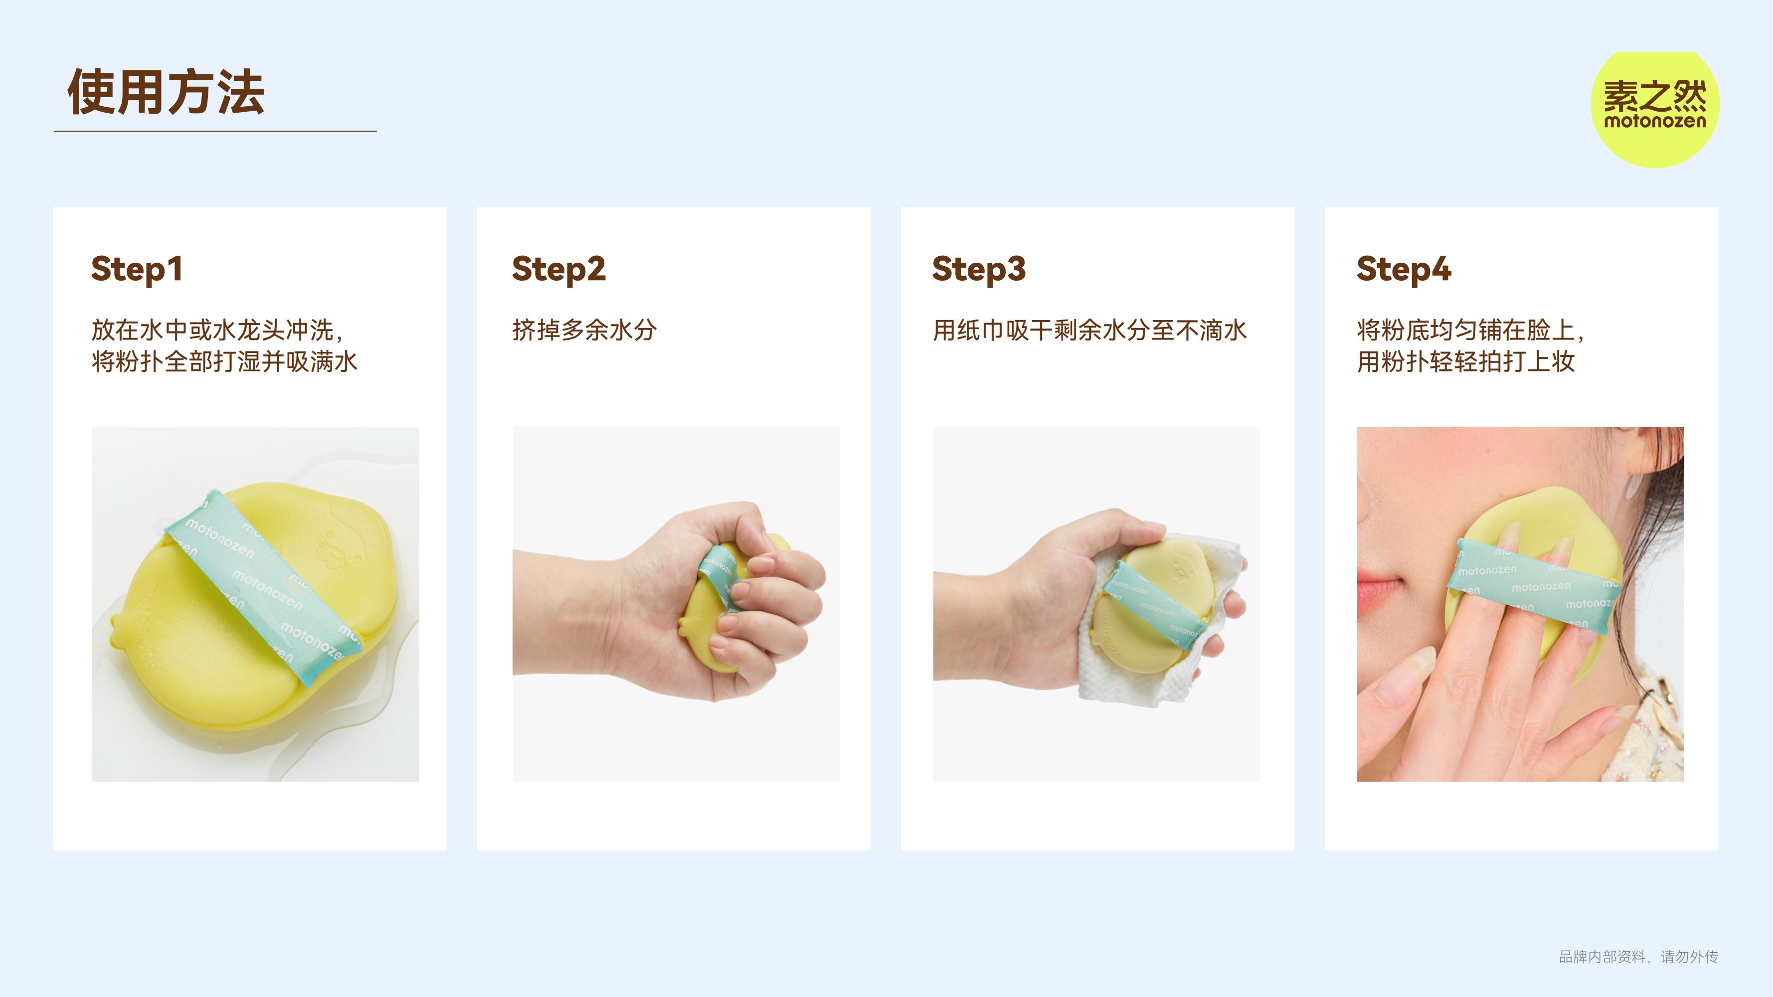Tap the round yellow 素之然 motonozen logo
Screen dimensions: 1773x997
[1655, 109]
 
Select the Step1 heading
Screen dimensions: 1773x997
[136, 270]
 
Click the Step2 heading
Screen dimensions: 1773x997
[559, 270]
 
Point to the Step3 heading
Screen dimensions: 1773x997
[979, 270]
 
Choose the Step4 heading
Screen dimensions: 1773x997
[1404, 270]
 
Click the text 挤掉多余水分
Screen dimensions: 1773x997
[584, 331]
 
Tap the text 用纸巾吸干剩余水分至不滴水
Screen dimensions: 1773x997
[1089, 331]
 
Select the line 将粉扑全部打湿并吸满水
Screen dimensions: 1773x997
[224, 361]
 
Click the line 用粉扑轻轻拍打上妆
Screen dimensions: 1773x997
[1466, 361]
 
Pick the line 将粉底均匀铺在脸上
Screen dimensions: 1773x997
[1471, 331]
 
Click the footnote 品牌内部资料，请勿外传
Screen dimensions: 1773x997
[1638, 957]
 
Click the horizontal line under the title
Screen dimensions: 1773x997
[215, 131]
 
